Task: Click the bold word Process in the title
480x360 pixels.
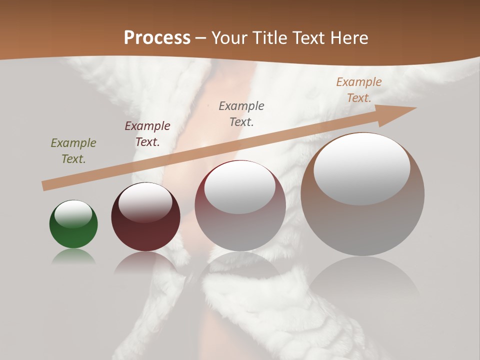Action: (x=157, y=38)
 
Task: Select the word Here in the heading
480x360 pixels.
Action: (x=347, y=38)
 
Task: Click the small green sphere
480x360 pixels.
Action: (x=73, y=224)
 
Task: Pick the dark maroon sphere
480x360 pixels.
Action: (x=145, y=217)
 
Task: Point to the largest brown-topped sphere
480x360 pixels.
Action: (x=362, y=194)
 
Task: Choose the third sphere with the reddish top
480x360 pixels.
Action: (x=240, y=205)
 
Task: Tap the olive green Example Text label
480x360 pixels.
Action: (x=73, y=151)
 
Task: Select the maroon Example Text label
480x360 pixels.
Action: (x=147, y=134)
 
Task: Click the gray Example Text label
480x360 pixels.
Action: (x=241, y=113)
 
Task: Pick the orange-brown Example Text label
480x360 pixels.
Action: (x=359, y=90)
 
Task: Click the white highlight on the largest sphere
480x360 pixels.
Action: (x=361, y=169)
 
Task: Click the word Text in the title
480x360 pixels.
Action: (x=307, y=38)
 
